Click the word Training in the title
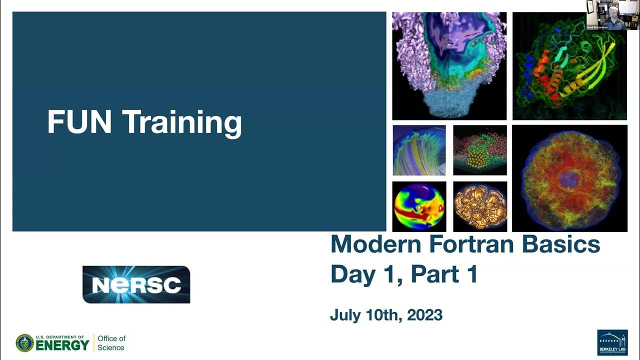point(182,123)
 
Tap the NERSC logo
point(136,284)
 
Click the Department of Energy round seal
point(24,343)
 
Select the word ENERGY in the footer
point(63,345)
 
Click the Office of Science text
point(111,343)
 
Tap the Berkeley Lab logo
point(612,343)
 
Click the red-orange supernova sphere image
point(569,178)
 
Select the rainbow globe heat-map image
point(419,206)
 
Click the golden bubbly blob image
point(480,206)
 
